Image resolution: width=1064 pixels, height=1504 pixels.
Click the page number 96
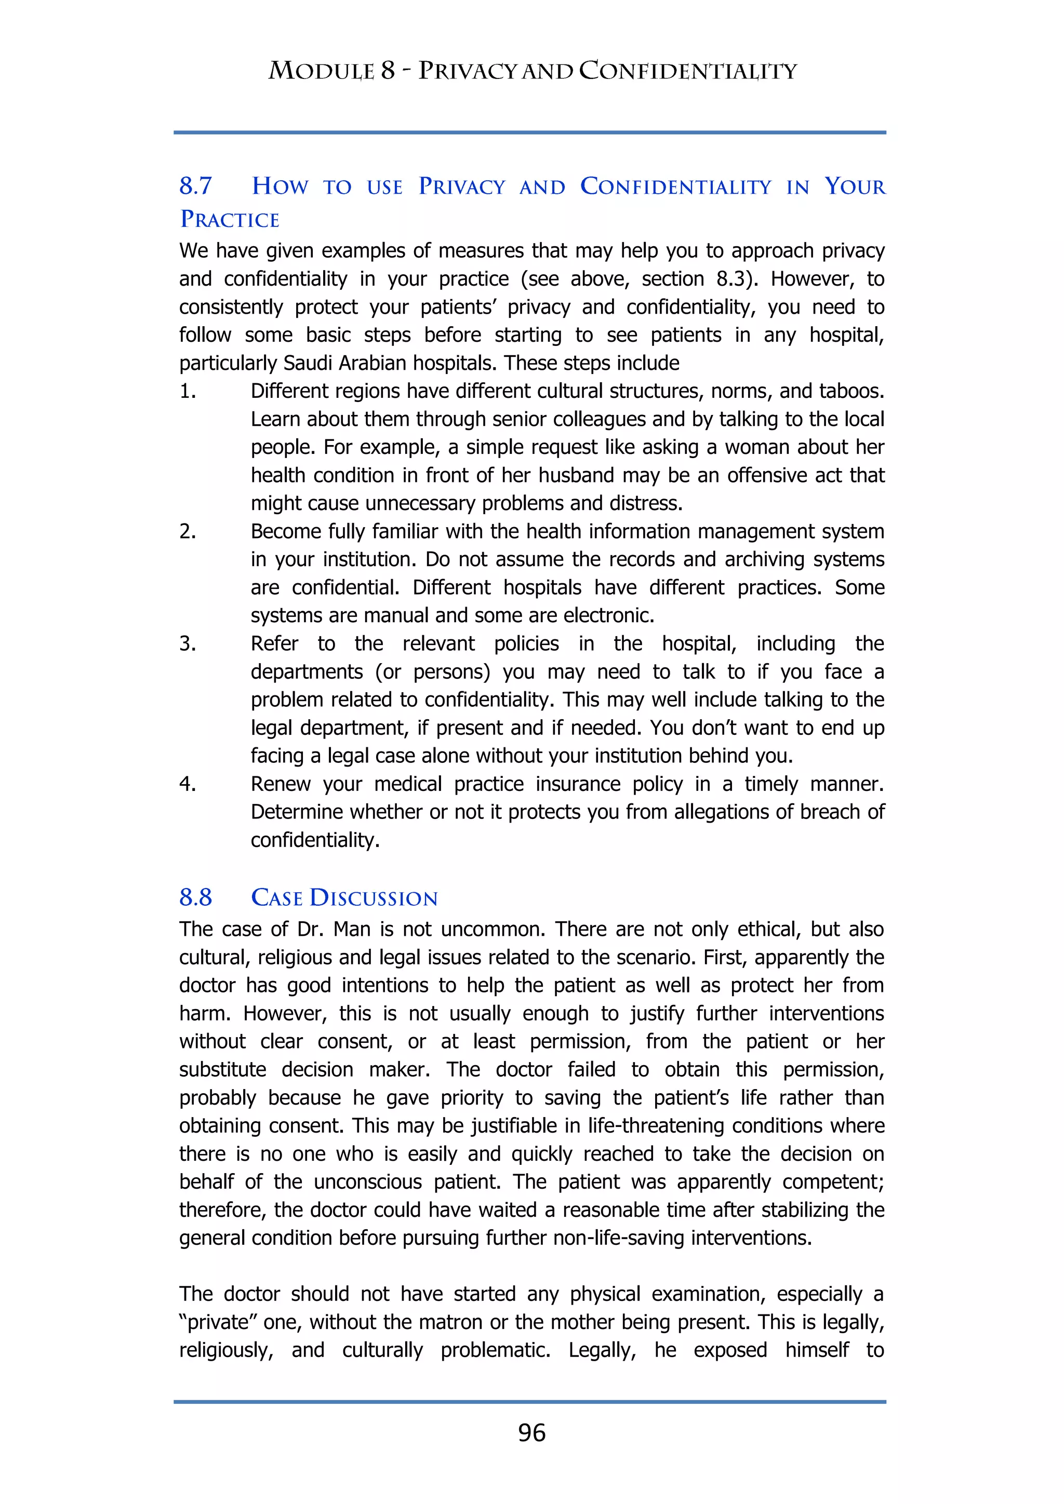coord(531,1433)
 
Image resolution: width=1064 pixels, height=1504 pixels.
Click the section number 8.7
coord(196,186)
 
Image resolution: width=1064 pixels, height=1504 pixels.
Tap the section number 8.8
coord(196,897)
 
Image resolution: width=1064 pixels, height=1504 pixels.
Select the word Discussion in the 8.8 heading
coord(374,897)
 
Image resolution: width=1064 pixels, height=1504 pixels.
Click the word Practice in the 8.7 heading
coord(230,220)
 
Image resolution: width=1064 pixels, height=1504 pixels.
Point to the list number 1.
coord(188,391)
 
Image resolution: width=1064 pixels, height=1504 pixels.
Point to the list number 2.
coord(188,531)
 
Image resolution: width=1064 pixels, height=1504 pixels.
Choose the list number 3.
coord(188,643)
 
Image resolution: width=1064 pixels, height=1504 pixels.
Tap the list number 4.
coord(188,784)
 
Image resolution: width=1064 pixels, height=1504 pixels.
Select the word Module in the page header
coord(321,71)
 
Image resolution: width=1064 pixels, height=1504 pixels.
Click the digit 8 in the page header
coord(388,71)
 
